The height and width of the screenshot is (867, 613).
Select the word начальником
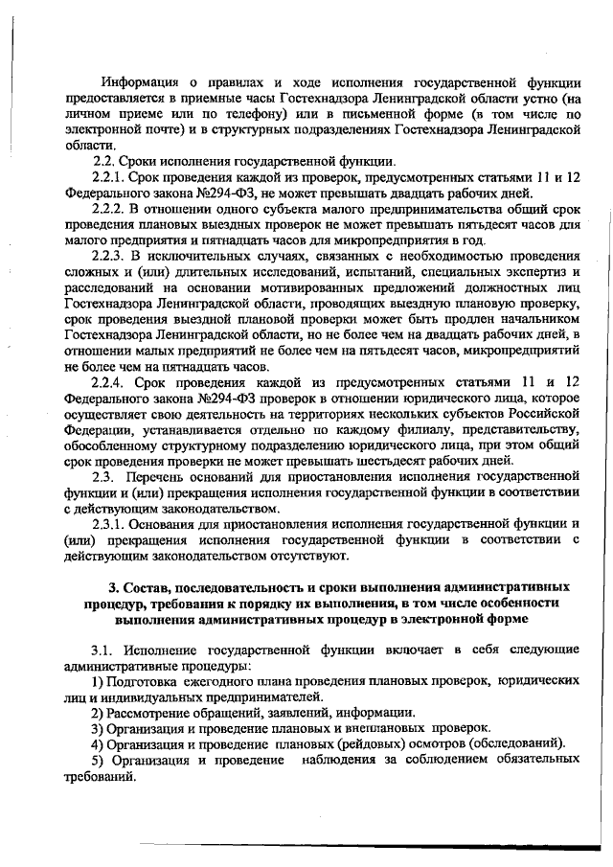pyautogui.click(x=535, y=317)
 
